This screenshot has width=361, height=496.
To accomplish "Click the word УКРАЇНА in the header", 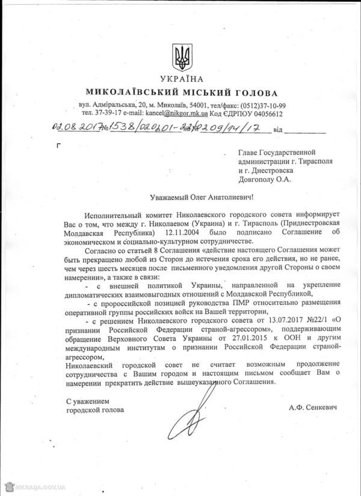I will [182, 79].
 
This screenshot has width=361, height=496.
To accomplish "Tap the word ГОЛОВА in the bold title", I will [256, 93].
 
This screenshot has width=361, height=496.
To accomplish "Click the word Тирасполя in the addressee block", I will [312, 161].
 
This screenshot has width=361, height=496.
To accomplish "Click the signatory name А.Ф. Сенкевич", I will [313, 407].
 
